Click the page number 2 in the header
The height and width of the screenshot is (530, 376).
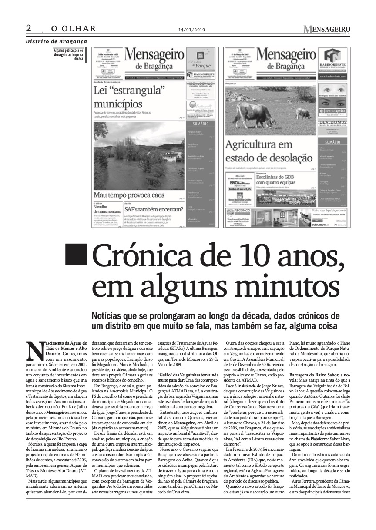tap(29, 28)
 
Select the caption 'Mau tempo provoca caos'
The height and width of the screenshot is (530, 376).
tap(129, 195)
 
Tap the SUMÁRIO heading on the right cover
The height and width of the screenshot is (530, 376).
tap(332, 142)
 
